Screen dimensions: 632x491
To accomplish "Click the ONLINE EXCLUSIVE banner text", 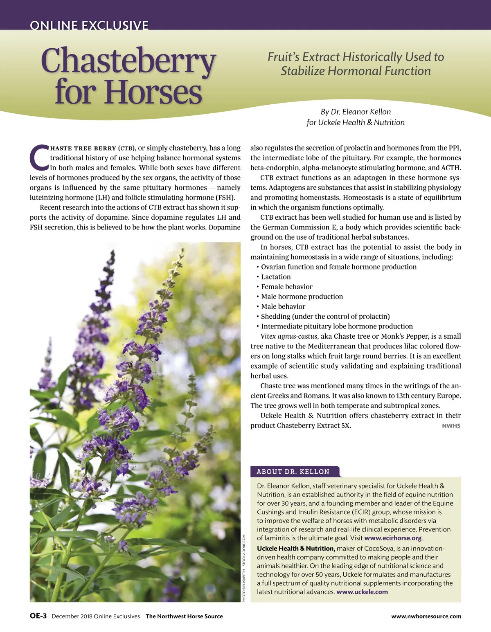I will click(x=89, y=25).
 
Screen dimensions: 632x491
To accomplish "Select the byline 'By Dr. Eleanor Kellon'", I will click(x=356, y=112).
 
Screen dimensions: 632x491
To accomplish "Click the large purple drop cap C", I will click(x=39, y=157).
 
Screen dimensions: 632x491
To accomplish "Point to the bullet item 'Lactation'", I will click(x=276, y=277).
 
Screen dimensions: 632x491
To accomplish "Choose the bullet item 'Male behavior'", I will click(x=283, y=306).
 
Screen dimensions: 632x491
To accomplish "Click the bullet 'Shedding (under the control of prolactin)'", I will click(x=325, y=316).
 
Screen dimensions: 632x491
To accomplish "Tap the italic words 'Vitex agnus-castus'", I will click(x=289, y=336).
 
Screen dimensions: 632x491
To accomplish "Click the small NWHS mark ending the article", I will click(x=451, y=426).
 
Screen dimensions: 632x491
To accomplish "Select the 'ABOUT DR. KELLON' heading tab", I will click(x=293, y=472).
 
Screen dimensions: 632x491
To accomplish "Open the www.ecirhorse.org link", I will click(x=393, y=538).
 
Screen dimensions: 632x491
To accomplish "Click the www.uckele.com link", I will click(x=362, y=592).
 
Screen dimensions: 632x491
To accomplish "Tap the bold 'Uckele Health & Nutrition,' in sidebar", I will click(x=296, y=549).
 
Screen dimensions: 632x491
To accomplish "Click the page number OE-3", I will click(x=38, y=616).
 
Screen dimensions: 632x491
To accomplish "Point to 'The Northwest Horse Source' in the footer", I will click(x=184, y=616).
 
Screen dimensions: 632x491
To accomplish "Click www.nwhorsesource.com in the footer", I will click(x=426, y=616).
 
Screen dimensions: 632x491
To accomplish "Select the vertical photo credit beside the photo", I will click(x=244, y=568).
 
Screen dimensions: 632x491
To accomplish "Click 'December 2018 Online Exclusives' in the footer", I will click(x=96, y=616).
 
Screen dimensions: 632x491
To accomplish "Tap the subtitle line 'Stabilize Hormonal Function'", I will click(x=356, y=71).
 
